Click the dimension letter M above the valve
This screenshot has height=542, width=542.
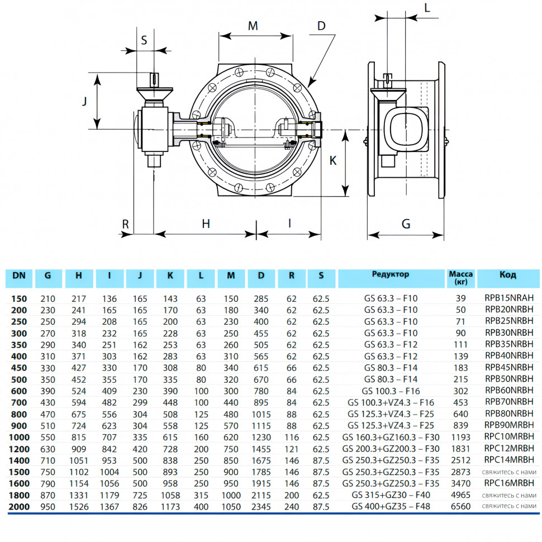click(253, 26)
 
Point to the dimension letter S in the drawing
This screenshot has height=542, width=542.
click(144, 40)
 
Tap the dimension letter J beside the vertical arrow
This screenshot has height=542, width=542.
click(84, 101)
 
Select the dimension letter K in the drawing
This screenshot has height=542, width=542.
click(333, 160)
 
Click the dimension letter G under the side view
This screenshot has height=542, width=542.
click(406, 224)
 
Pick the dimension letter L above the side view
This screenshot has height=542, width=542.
click(427, 8)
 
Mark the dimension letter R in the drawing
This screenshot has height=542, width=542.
click(126, 224)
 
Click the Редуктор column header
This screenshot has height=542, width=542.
click(391, 274)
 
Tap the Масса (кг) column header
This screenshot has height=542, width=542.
click(461, 278)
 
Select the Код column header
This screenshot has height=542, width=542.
click(508, 275)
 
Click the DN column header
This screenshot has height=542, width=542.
click(19, 275)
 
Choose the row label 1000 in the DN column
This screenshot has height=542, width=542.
click(19, 438)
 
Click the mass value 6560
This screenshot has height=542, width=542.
click(461, 506)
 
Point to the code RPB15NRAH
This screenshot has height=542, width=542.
click(509, 298)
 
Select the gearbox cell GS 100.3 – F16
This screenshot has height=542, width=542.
click(391, 391)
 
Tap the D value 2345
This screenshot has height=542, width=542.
click(261, 507)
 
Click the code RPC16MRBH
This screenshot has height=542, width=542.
click(509, 483)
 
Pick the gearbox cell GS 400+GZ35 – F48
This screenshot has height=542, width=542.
click(391, 506)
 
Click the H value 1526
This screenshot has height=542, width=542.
click(79, 507)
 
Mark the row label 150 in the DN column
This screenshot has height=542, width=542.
click(19, 298)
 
